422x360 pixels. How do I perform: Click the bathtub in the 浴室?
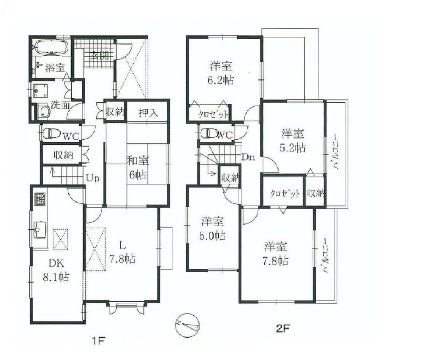pyautogui.click(x=51, y=46)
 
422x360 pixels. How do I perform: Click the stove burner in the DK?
pyautogui.click(x=40, y=199)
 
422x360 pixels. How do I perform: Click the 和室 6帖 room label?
pyautogui.click(x=137, y=168)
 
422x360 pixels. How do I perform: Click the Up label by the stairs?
pyautogui.click(x=92, y=178)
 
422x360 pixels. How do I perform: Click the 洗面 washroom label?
pyautogui.click(x=60, y=105)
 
